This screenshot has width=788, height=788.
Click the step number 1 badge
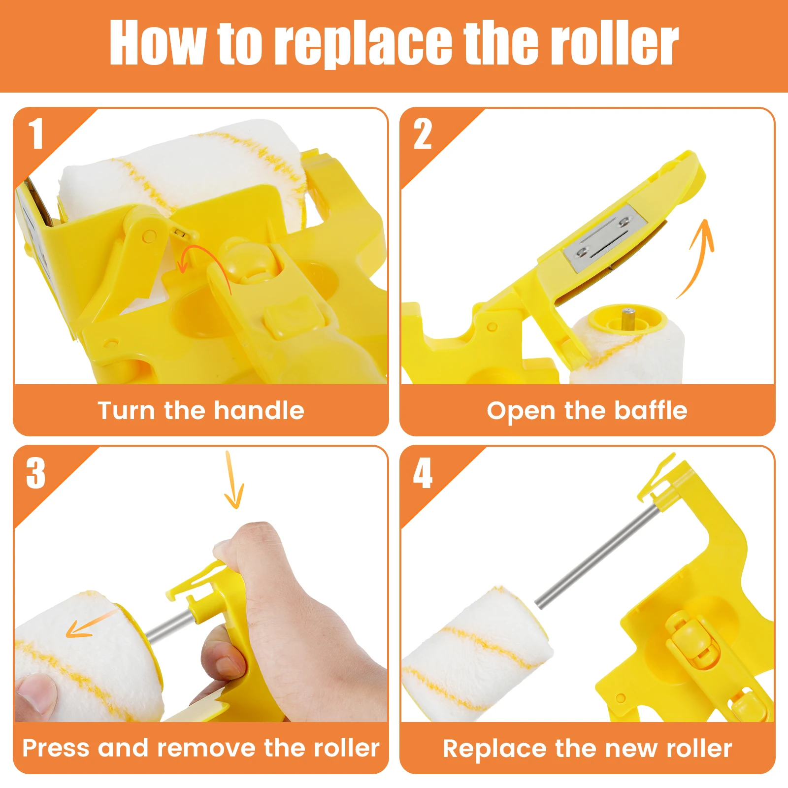click(x=36, y=133)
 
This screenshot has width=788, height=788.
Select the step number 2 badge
click(x=423, y=133)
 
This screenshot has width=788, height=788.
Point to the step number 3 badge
click(x=36, y=473)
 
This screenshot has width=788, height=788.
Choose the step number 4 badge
click(x=423, y=473)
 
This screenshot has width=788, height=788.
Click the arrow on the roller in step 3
click(x=89, y=625)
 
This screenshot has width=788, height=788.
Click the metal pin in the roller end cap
click(x=627, y=315)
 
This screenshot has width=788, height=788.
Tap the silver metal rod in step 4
click(x=596, y=557)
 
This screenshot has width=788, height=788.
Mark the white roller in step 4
click(x=473, y=655)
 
